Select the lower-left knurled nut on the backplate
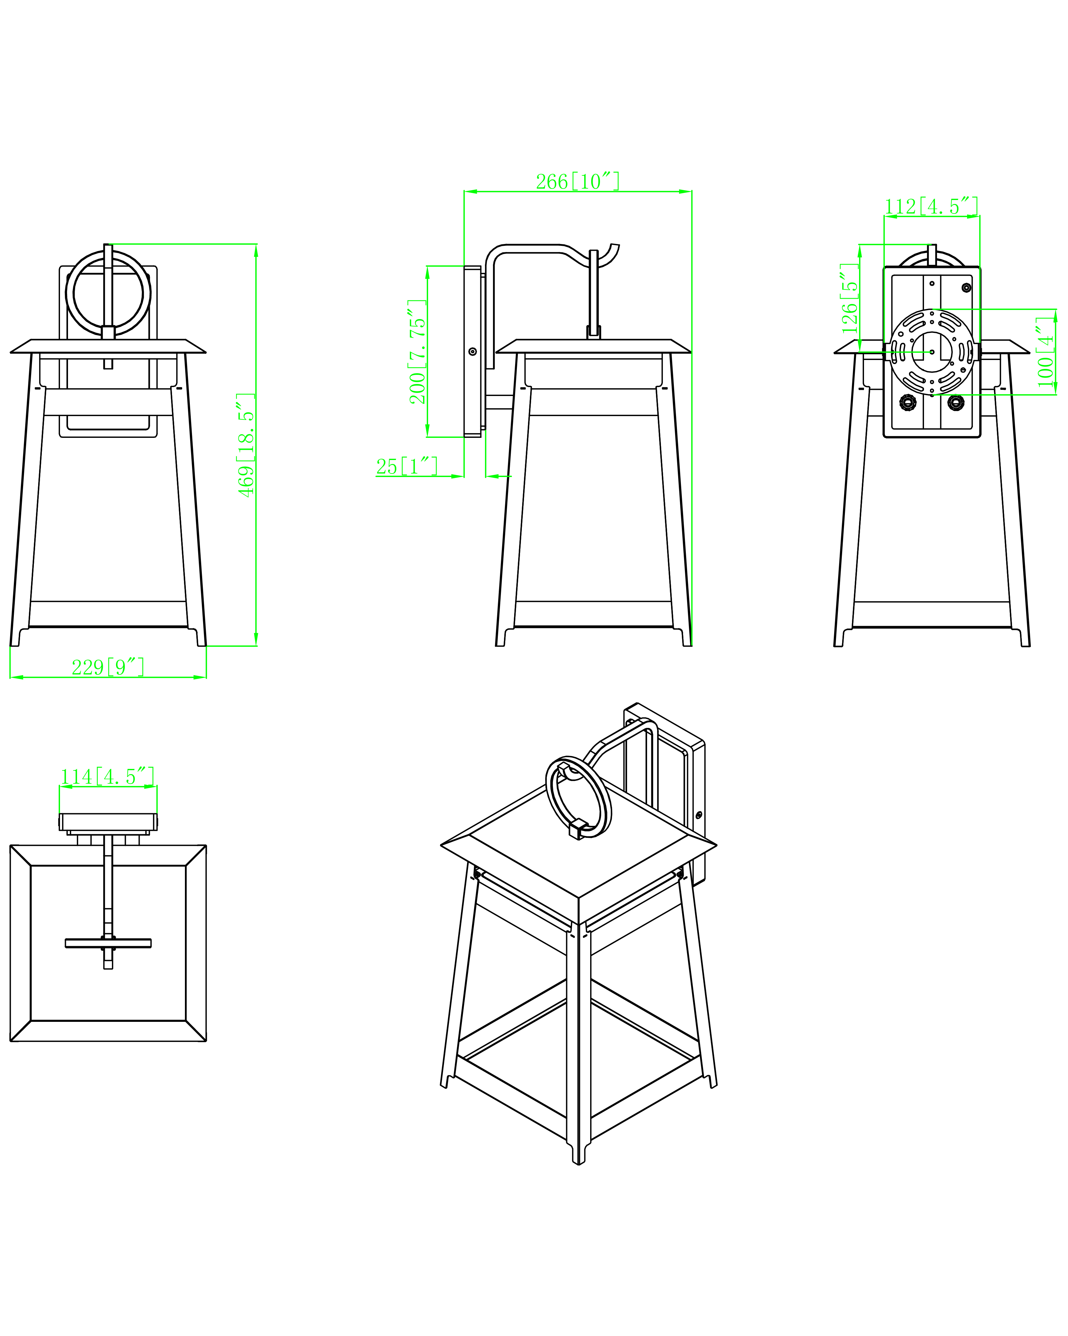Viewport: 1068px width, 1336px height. (908, 402)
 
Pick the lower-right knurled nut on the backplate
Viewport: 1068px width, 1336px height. (956, 402)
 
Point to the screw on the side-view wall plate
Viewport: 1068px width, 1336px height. (473, 351)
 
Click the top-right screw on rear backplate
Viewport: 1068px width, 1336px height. (966, 287)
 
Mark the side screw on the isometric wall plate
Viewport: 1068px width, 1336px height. (699, 814)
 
